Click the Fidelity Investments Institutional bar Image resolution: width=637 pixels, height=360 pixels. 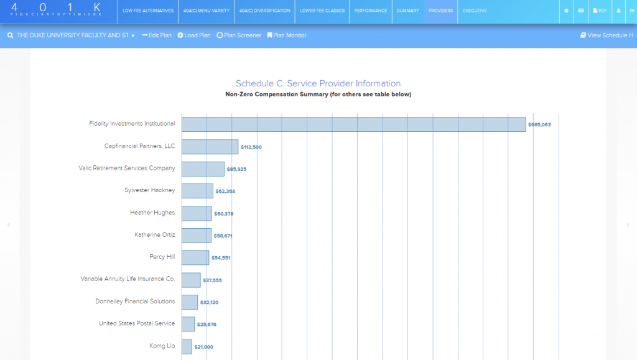tap(353, 124)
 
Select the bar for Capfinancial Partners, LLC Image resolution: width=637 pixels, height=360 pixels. tap(210, 147)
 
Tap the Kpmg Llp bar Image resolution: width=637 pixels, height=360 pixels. tap(187, 346)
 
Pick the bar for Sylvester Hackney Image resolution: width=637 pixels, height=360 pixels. tap(197, 191)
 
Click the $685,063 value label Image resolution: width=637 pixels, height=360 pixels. tap(539, 125)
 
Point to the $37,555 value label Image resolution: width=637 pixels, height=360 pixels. tap(212, 280)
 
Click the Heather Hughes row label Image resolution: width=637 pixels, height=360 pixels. tap(152, 213)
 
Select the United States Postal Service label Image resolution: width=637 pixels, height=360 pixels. tap(137, 323)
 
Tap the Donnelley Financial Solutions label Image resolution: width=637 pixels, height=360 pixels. tap(135, 302)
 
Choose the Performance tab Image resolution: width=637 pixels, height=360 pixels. tap(371, 11)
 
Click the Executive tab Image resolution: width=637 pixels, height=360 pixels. tap(475, 11)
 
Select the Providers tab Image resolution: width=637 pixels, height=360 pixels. tap(440, 11)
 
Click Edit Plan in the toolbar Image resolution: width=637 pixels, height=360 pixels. tap(157, 35)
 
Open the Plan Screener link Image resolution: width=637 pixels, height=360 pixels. tap(239, 35)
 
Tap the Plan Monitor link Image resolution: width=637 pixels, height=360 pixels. tap(287, 35)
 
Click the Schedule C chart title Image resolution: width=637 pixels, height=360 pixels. tap(318, 83)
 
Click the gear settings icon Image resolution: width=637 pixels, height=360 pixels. tap(566, 11)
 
